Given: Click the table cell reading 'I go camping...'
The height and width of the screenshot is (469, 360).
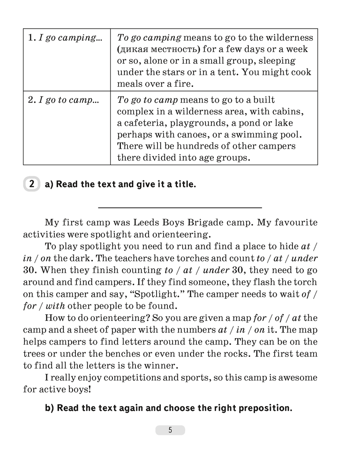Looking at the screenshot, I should pyautogui.click(x=66, y=38).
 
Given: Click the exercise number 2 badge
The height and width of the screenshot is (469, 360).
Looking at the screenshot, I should pyautogui.click(x=31, y=184).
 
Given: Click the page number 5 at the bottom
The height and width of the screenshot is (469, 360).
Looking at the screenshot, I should pyautogui.click(x=170, y=430).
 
